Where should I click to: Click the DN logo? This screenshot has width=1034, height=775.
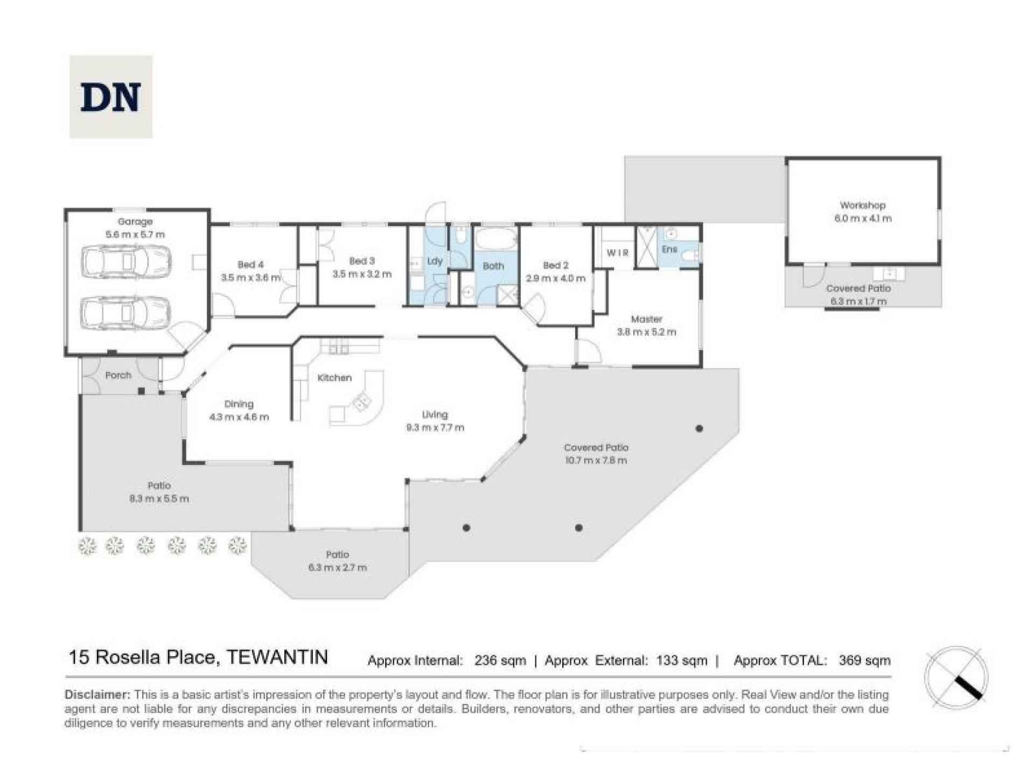click(x=110, y=97)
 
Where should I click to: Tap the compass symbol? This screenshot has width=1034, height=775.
click(x=956, y=678)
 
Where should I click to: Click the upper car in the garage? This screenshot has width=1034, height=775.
click(x=126, y=262)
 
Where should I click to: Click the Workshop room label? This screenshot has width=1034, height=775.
click(x=862, y=205)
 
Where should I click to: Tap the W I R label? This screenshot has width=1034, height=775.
click(x=617, y=252)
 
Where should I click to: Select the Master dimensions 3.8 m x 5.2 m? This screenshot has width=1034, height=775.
click(x=646, y=332)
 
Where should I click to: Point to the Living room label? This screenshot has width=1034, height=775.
click(x=435, y=414)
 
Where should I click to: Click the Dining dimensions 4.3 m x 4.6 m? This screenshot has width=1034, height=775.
click(x=239, y=417)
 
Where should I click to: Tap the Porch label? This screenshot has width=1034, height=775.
click(x=118, y=375)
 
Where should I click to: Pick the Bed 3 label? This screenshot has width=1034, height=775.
click(x=361, y=261)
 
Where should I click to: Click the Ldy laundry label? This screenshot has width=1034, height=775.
click(x=435, y=261)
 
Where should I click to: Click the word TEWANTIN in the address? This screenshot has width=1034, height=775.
click(x=277, y=657)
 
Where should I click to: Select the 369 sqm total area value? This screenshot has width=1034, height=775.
click(x=864, y=660)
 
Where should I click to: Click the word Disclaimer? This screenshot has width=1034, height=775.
click(x=97, y=694)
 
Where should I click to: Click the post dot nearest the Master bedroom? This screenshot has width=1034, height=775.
click(x=699, y=429)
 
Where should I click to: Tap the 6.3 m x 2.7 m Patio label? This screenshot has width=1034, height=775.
click(x=338, y=567)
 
